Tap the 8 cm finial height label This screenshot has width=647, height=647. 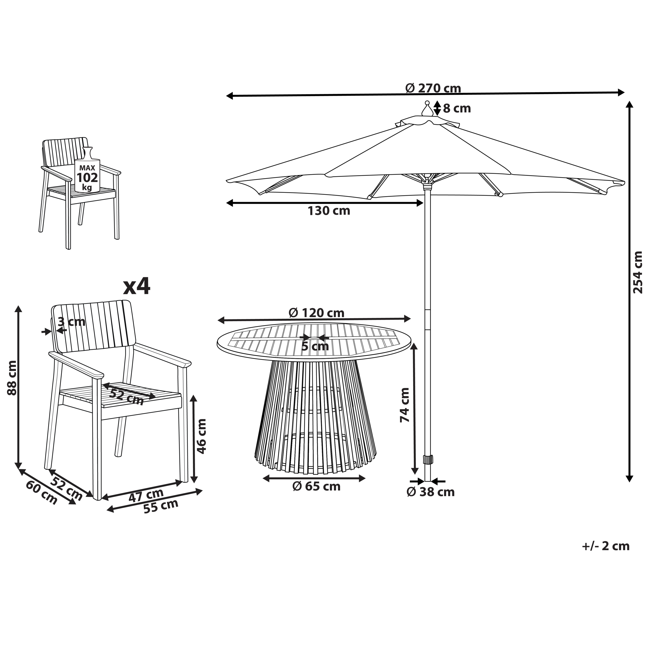(x=457, y=108)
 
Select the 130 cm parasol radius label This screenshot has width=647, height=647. (x=329, y=211)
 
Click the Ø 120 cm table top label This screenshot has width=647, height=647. (x=316, y=313)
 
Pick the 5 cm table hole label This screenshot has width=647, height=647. (x=315, y=346)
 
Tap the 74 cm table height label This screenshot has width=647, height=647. (x=405, y=405)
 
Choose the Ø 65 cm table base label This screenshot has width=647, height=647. (x=316, y=486)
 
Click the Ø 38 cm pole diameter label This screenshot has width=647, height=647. (x=431, y=492)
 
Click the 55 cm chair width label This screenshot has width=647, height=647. (x=161, y=506)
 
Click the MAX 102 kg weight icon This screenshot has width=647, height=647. (x=87, y=170)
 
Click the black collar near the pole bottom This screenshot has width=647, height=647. (x=427, y=459)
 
